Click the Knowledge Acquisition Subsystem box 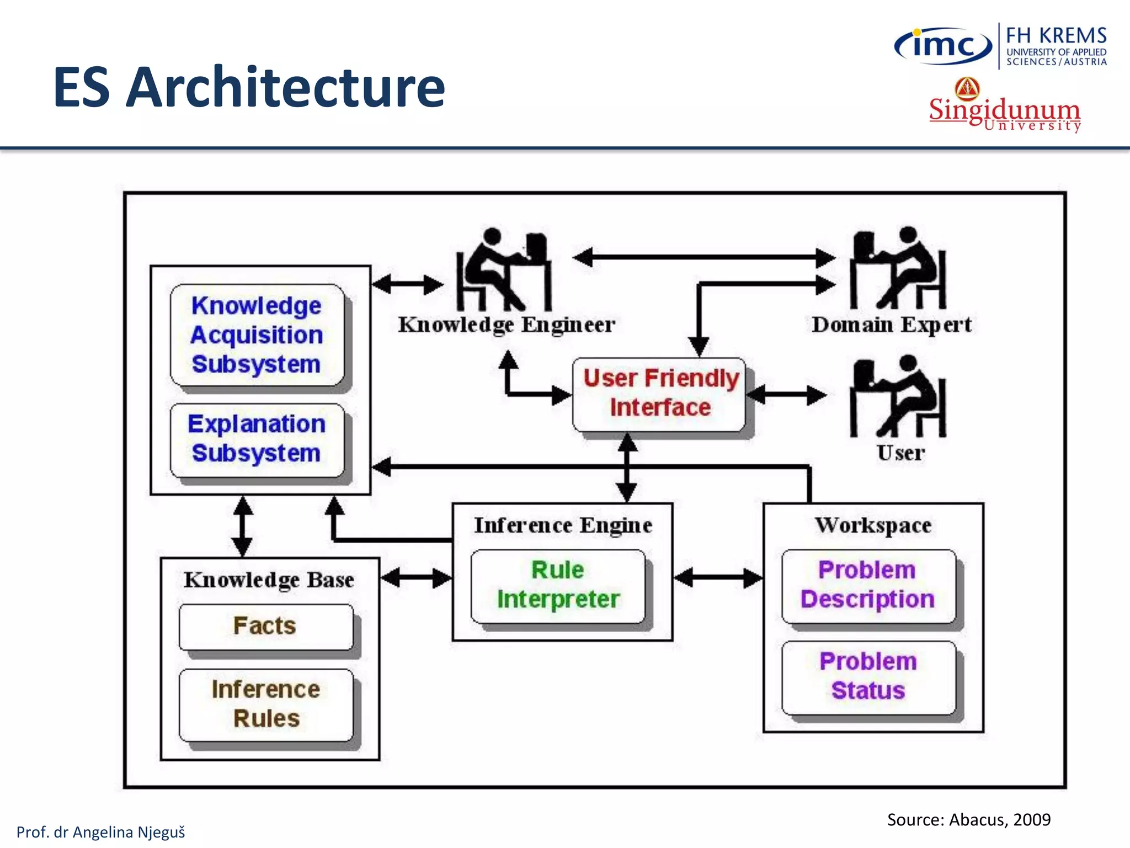coord(257,335)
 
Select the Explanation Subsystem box coord(257,439)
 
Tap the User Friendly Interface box coord(660,394)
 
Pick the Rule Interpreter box coord(558,585)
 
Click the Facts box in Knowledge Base coord(265,626)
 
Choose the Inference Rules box coord(266,704)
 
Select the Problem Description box coord(868,585)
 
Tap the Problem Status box coord(868,676)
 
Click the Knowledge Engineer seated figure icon coord(503,271)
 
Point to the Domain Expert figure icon coord(898,269)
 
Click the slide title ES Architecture coord(249,87)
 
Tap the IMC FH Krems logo coord(1000,46)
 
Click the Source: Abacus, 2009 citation coord(968,819)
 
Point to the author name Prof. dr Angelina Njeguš coord(100,832)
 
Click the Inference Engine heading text coord(563,525)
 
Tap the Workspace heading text coord(873,525)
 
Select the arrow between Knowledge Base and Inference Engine coord(416,578)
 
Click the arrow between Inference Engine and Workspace coord(718,578)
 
